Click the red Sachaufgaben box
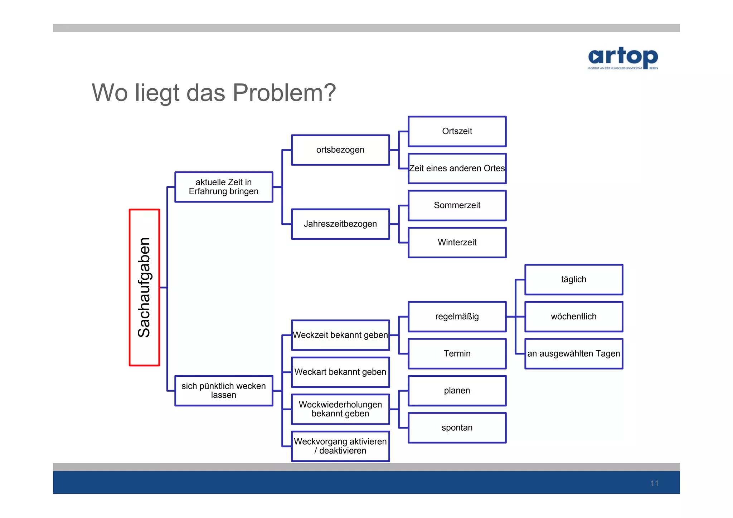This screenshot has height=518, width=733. point(144,287)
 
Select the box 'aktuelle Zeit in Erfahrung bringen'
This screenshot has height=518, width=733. point(224,187)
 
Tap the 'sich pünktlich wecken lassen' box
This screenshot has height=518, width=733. point(224,390)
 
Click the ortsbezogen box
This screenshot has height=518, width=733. point(340,150)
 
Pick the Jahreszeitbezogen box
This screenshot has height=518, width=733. point(340,224)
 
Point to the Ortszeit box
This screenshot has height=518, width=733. point(457,131)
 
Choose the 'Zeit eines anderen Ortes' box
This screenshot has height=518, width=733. point(457,168)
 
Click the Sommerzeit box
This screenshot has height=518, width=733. point(457,205)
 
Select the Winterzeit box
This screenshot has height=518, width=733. point(457,243)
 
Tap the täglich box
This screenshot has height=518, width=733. point(574,279)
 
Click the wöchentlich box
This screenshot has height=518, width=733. point(574,317)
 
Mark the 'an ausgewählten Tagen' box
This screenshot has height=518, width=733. point(574,353)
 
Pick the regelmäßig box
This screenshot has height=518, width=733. point(457,317)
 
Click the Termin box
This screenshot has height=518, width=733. point(457,353)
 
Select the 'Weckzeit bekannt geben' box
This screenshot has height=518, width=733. point(340,335)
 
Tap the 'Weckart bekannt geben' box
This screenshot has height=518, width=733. point(340,372)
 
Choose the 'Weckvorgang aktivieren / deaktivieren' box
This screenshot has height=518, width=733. point(340,446)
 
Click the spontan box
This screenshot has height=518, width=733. point(457,427)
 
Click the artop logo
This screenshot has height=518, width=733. point(623,58)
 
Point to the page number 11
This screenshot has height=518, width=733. point(654,483)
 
